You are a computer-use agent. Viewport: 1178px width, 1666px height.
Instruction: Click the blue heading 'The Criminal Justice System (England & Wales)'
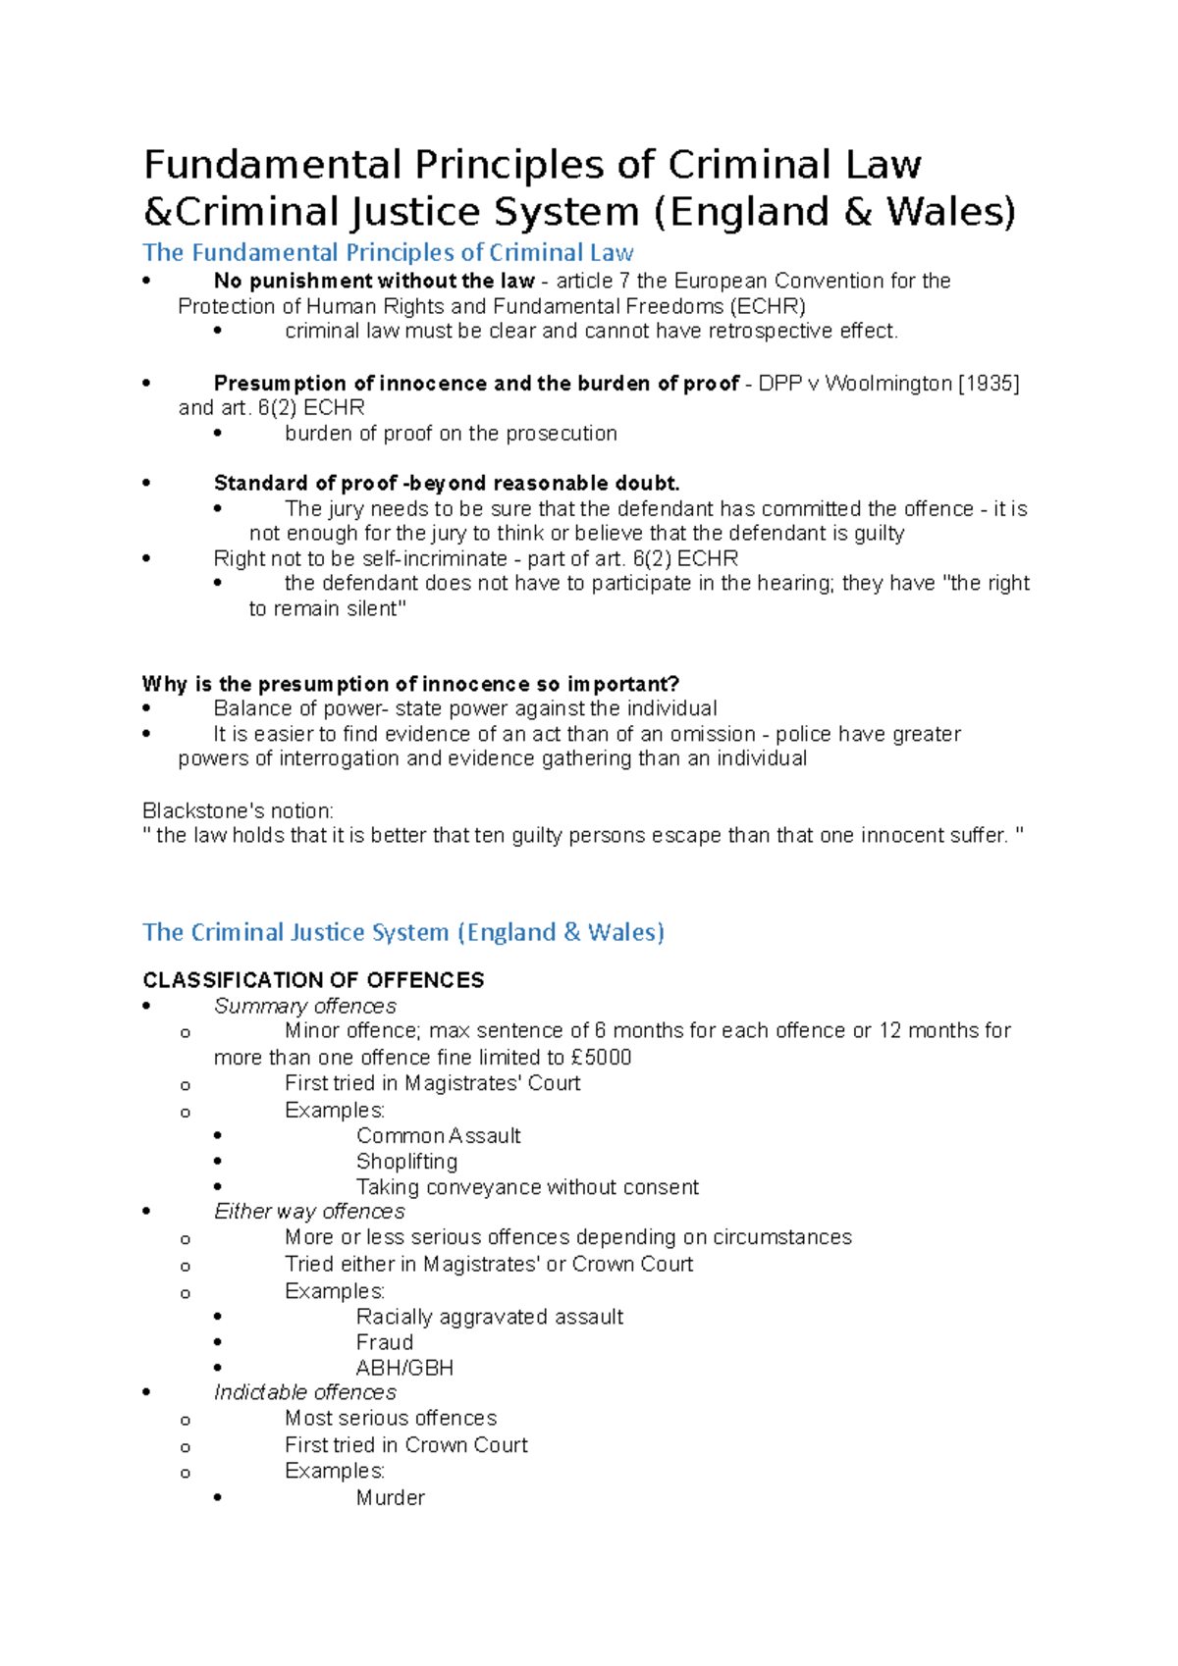pos(402,932)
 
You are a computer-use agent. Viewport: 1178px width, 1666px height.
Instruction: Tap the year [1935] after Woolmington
pos(989,384)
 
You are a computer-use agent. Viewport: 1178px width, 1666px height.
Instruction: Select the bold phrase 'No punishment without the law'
pos(373,281)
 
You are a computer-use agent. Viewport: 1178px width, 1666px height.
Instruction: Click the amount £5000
pos(601,1058)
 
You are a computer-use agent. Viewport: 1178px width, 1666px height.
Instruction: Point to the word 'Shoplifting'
pos(406,1162)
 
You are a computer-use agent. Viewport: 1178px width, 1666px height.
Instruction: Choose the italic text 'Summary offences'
pos(304,1007)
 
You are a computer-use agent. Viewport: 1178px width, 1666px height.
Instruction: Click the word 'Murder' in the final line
pos(390,1498)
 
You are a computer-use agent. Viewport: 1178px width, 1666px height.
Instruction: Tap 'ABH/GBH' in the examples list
pos(404,1368)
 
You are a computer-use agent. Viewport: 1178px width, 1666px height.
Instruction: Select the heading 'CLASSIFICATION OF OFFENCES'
pos(313,980)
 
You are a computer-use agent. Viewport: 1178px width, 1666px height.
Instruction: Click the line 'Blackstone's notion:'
pos(238,811)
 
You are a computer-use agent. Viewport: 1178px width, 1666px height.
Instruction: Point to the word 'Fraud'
pos(384,1342)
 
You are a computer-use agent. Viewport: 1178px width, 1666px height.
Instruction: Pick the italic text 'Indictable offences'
pos(304,1393)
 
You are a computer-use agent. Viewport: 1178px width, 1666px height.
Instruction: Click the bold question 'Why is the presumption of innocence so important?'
pos(410,684)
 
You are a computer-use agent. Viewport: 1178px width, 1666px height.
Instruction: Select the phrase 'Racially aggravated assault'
pos(489,1317)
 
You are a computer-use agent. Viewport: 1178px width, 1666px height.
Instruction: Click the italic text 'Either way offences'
pos(308,1212)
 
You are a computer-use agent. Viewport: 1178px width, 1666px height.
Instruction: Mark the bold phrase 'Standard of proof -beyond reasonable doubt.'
pos(447,484)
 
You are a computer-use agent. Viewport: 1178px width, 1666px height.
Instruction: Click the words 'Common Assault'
pos(438,1136)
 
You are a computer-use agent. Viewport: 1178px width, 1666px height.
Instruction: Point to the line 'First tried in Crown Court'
pos(405,1445)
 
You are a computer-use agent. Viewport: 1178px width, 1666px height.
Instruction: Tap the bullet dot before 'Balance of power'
pos(146,709)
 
